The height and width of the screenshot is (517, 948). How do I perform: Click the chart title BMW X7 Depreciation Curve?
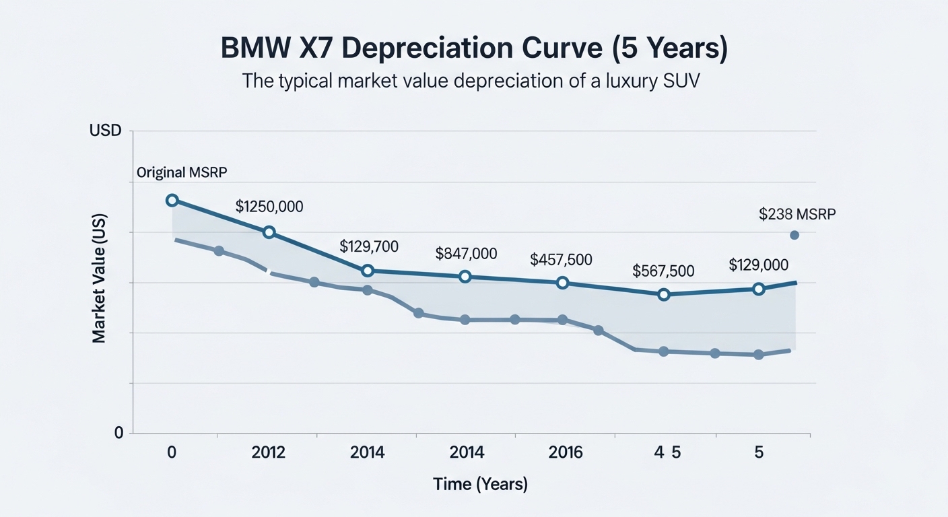pos(474,50)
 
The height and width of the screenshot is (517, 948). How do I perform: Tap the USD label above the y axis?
pos(105,131)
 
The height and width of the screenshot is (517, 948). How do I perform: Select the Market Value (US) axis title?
pos(100,283)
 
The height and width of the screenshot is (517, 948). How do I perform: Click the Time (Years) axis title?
pos(481,483)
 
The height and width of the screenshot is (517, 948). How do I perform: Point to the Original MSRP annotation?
pos(182,172)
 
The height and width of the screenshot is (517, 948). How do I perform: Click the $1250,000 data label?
pos(269,207)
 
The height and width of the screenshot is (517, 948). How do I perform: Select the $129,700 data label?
pos(369,246)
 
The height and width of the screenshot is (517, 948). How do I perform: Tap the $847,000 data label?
pos(467,254)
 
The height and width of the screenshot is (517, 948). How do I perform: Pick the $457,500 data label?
pos(562,259)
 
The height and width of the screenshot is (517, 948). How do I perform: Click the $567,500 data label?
pos(663,271)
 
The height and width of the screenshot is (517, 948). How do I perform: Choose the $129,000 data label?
pos(759,265)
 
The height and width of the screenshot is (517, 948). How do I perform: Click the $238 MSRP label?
pos(797,214)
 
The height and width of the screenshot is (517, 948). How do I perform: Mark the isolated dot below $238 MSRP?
pos(794,235)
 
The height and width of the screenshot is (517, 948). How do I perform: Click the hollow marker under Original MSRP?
pos(172,200)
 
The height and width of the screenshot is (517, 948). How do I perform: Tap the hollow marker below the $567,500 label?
pos(664,294)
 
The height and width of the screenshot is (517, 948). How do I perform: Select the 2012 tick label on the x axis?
pos(269,452)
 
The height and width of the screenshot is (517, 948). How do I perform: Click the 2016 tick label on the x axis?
pos(566,452)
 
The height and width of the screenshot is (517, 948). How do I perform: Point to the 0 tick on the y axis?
pos(119,433)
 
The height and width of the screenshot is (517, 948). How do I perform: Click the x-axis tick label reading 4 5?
pos(667,452)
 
